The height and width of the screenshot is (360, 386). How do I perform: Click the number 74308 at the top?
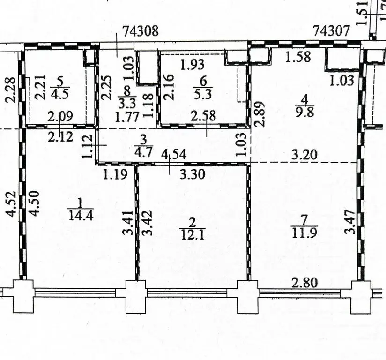pos(141,31)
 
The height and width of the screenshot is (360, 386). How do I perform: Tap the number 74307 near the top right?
pos(331,31)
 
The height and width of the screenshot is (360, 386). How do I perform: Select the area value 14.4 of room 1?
pos(81,216)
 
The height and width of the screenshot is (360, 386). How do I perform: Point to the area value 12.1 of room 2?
pos(193,234)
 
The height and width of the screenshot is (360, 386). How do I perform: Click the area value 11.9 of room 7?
pos(304,232)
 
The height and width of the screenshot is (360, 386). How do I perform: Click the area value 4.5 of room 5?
pos(60,94)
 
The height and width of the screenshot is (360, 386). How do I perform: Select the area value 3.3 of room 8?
pos(127,104)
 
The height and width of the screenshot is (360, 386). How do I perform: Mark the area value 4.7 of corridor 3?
pos(143,152)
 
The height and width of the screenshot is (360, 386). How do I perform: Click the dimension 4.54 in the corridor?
pos(174,155)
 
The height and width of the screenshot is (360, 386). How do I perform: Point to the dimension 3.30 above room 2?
pos(192,174)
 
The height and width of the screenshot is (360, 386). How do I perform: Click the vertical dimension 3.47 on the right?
pos(349,222)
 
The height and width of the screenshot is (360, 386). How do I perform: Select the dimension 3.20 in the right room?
pos(304,155)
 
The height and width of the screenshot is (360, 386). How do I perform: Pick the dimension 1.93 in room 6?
pos(192,64)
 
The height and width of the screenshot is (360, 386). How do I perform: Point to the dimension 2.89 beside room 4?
pos(261,114)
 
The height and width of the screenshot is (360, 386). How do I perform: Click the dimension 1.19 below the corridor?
pos(115,174)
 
